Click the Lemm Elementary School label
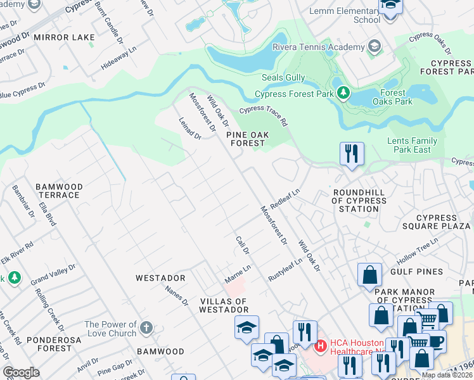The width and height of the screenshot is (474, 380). click(345, 15)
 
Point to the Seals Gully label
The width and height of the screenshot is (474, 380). click(283, 78)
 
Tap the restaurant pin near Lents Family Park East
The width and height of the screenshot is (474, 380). click(352, 154)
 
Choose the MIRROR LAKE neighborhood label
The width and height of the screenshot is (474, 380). click(64, 38)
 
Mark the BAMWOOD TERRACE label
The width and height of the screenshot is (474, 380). click(58, 191)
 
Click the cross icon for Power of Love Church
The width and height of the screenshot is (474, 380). click(146, 327)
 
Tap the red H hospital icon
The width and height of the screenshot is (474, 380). click(321, 346)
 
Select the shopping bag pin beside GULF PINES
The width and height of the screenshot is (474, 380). click(369, 275)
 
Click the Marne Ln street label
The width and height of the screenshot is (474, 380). click(238, 274)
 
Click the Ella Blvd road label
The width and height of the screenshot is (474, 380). click(48, 214)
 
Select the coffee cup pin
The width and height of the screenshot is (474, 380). click(435, 343)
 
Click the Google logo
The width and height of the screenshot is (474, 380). click(21, 372)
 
